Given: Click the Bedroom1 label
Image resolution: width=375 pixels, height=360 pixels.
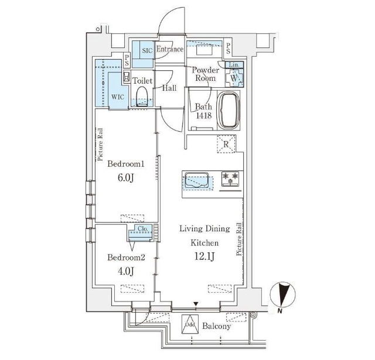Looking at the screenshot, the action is click(x=126, y=164).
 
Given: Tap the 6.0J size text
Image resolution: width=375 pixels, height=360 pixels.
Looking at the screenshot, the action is click(x=125, y=178).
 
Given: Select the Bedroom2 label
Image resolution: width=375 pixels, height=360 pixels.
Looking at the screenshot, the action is click(x=126, y=258).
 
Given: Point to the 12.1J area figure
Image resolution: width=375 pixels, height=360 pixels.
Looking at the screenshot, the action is click(x=204, y=257).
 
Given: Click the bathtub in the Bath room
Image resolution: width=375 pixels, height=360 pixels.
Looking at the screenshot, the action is click(x=230, y=110).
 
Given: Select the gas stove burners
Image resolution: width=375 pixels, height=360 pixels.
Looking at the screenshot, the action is click(x=230, y=179).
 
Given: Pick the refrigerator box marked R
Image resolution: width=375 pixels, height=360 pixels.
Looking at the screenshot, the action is click(x=226, y=144).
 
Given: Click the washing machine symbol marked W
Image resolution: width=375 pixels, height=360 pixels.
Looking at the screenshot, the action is click(x=234, y=78).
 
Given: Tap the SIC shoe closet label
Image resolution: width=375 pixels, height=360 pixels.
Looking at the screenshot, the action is click(x=147, y=51).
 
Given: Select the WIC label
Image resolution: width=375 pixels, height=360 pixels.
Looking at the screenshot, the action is click(x=118, y=97).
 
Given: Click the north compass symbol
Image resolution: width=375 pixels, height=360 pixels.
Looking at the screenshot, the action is click(x=282, y=295).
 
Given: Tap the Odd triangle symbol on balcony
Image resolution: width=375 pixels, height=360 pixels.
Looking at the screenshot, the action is click(x=190, y=324).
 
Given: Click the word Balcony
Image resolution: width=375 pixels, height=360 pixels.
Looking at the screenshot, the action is click(x=216, y=326).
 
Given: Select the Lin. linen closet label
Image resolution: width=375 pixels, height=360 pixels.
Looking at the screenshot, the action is click(x=234, y=65).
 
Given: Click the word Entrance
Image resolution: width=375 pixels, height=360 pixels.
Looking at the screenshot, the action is click(x=170, y=49).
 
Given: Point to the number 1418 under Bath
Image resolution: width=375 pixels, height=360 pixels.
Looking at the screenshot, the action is click(x=204, y=116).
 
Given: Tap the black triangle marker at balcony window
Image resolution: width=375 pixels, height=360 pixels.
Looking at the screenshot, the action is click(x=196, y=304).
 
